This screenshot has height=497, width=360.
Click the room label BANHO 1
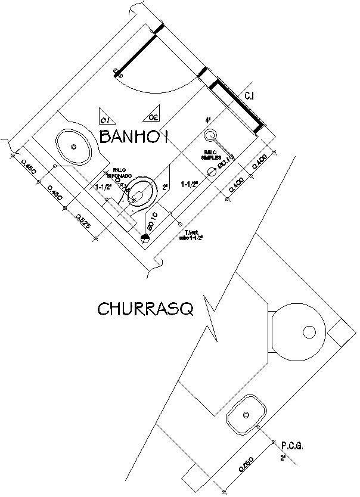135,137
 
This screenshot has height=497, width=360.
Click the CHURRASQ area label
145,309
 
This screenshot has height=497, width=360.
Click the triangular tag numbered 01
104,116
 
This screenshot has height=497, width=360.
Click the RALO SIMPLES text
210,155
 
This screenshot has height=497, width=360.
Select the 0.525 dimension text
83,224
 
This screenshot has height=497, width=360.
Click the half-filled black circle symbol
145,239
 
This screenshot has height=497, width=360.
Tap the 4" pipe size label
208,120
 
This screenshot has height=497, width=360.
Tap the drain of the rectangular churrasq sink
245,414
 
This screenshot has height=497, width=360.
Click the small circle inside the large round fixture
309,332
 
